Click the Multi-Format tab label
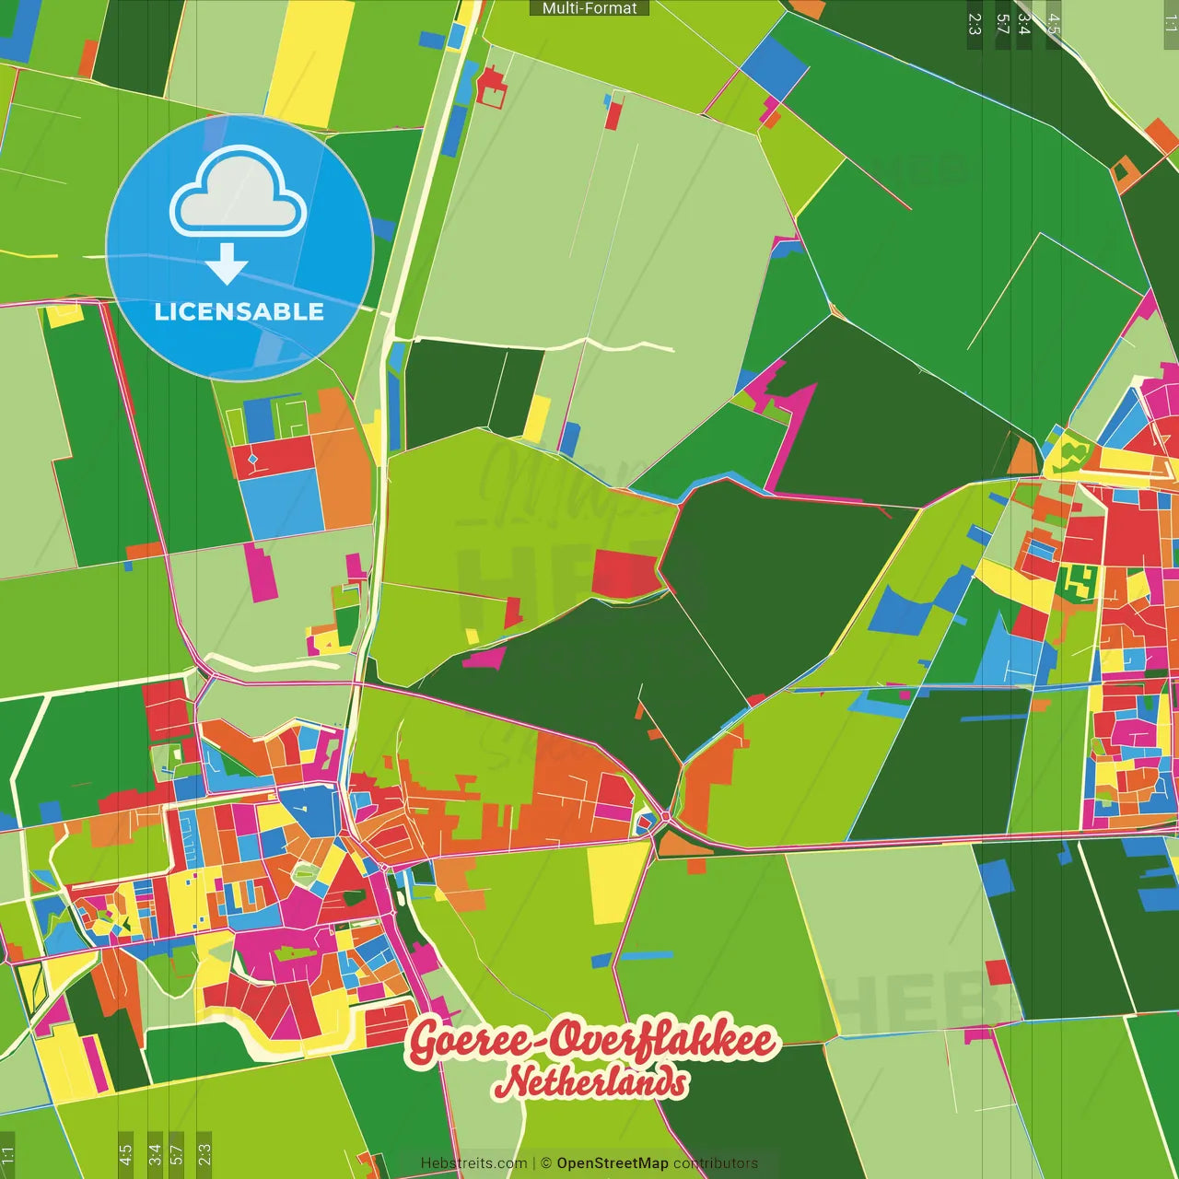(589, 8)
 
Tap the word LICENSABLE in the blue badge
(239, 311)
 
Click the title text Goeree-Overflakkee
(592, 1041)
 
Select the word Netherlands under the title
(591, 1083)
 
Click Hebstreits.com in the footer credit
(473, 1163)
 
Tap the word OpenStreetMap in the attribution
(613, 1163)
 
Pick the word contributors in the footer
(716, 1163)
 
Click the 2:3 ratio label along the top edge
(975, 24)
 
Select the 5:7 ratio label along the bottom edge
(177, 1153)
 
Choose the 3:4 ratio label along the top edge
(1023, 24)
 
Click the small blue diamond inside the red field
(252, 457)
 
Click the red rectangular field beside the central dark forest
(624, 573)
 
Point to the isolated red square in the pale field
(998, 972)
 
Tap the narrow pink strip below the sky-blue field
(261, 571)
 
